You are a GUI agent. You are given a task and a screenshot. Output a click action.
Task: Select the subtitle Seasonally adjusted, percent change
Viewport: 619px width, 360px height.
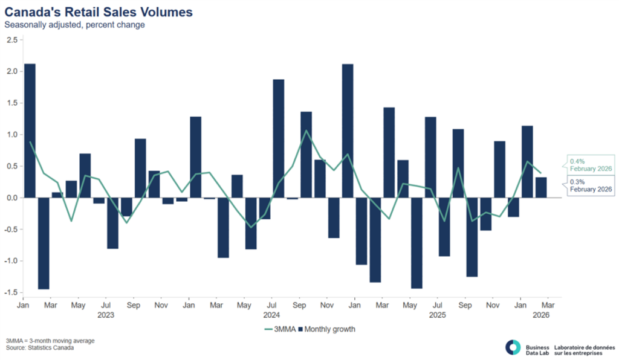74,25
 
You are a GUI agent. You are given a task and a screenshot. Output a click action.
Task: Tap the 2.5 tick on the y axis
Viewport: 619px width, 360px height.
11,40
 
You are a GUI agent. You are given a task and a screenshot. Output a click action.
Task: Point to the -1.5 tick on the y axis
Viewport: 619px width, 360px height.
10,292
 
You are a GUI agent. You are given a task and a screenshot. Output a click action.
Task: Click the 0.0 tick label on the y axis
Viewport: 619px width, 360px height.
11,198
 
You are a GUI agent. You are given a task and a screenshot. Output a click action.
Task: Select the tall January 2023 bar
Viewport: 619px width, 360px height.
29,130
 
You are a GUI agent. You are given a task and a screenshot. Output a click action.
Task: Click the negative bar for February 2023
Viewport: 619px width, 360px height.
43,243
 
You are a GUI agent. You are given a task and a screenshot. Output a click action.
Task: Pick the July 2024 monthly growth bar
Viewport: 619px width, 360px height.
279,138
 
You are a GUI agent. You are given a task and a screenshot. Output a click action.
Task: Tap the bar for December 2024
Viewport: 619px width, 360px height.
348,130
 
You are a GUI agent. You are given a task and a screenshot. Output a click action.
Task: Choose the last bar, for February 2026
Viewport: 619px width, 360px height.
541,187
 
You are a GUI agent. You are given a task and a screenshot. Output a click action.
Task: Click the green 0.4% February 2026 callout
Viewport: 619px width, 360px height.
592,165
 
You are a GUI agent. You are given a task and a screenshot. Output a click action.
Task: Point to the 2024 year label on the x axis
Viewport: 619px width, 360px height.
271,314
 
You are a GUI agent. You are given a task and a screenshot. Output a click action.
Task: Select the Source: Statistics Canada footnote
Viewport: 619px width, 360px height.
41,349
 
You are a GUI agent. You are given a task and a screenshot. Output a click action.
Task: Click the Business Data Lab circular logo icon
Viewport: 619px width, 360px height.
513,347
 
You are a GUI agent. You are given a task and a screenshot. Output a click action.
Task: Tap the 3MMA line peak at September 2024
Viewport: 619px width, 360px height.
306,130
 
